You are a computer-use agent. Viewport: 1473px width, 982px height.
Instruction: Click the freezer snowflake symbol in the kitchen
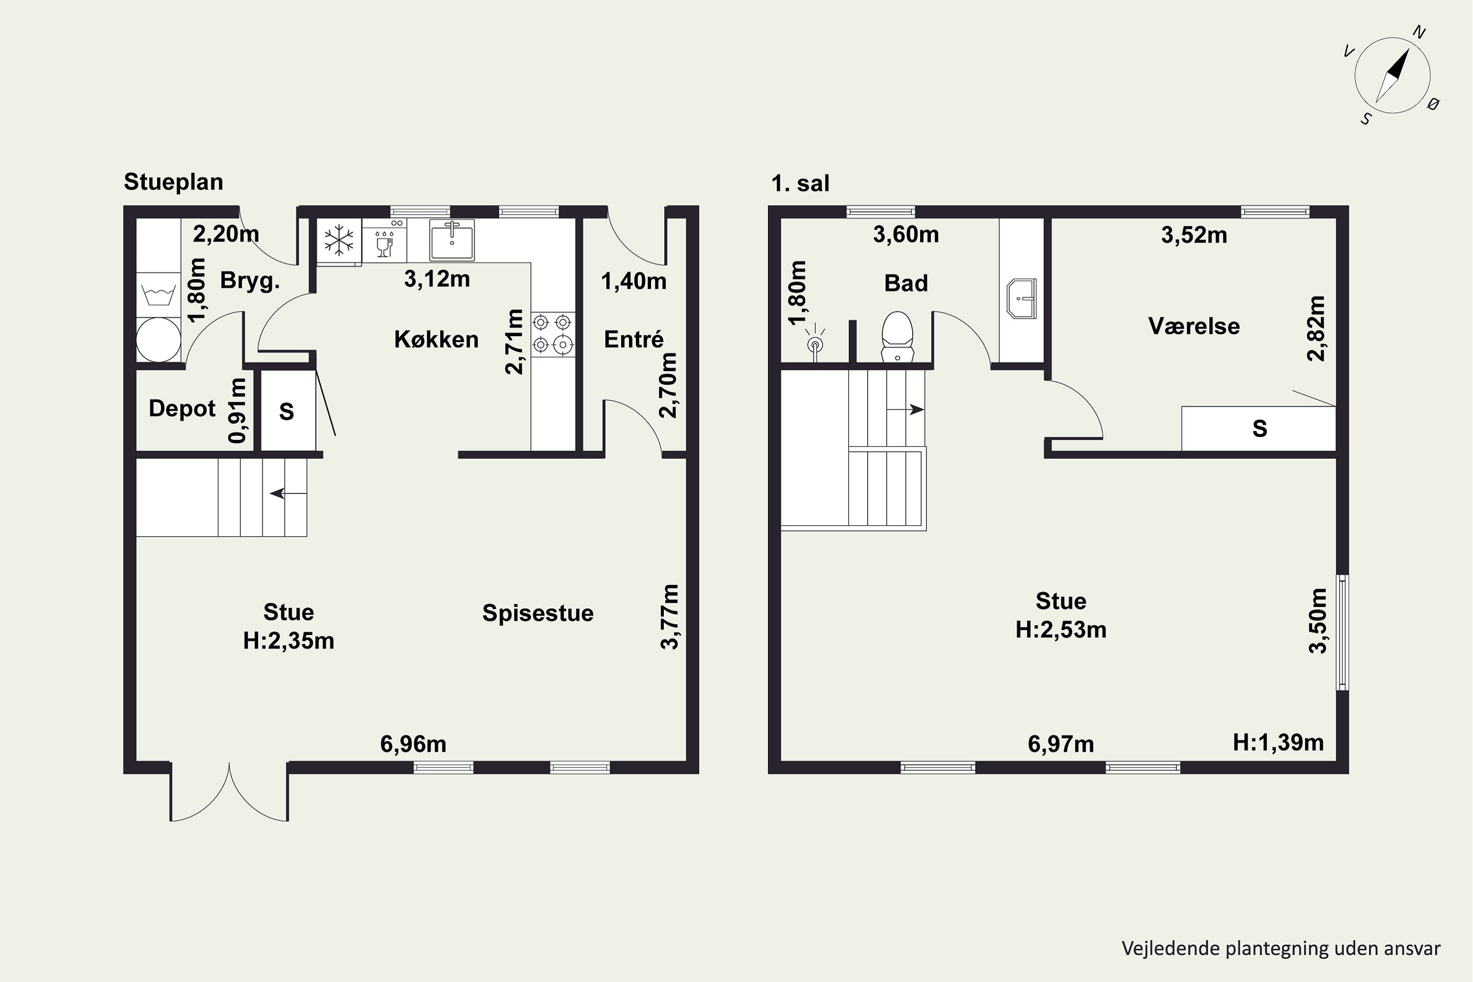pos(339,241)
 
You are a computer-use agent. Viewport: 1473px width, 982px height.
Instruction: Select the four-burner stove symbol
pos(552,334)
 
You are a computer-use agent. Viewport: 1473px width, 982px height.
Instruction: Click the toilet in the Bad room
pos(897,337)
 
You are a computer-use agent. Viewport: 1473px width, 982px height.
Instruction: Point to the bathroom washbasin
pos(1021,299)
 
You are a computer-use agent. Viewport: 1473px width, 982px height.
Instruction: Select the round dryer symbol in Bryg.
pos(159,339)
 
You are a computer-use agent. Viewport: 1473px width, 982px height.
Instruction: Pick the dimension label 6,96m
pos(413,744)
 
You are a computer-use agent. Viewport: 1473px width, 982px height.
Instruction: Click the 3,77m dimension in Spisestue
pos(670,617)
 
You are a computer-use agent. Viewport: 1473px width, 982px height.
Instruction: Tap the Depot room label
pos(182,409)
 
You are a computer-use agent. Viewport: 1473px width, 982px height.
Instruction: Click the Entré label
pos(633,339)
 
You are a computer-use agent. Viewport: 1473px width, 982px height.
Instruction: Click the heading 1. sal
pos(800,184)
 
